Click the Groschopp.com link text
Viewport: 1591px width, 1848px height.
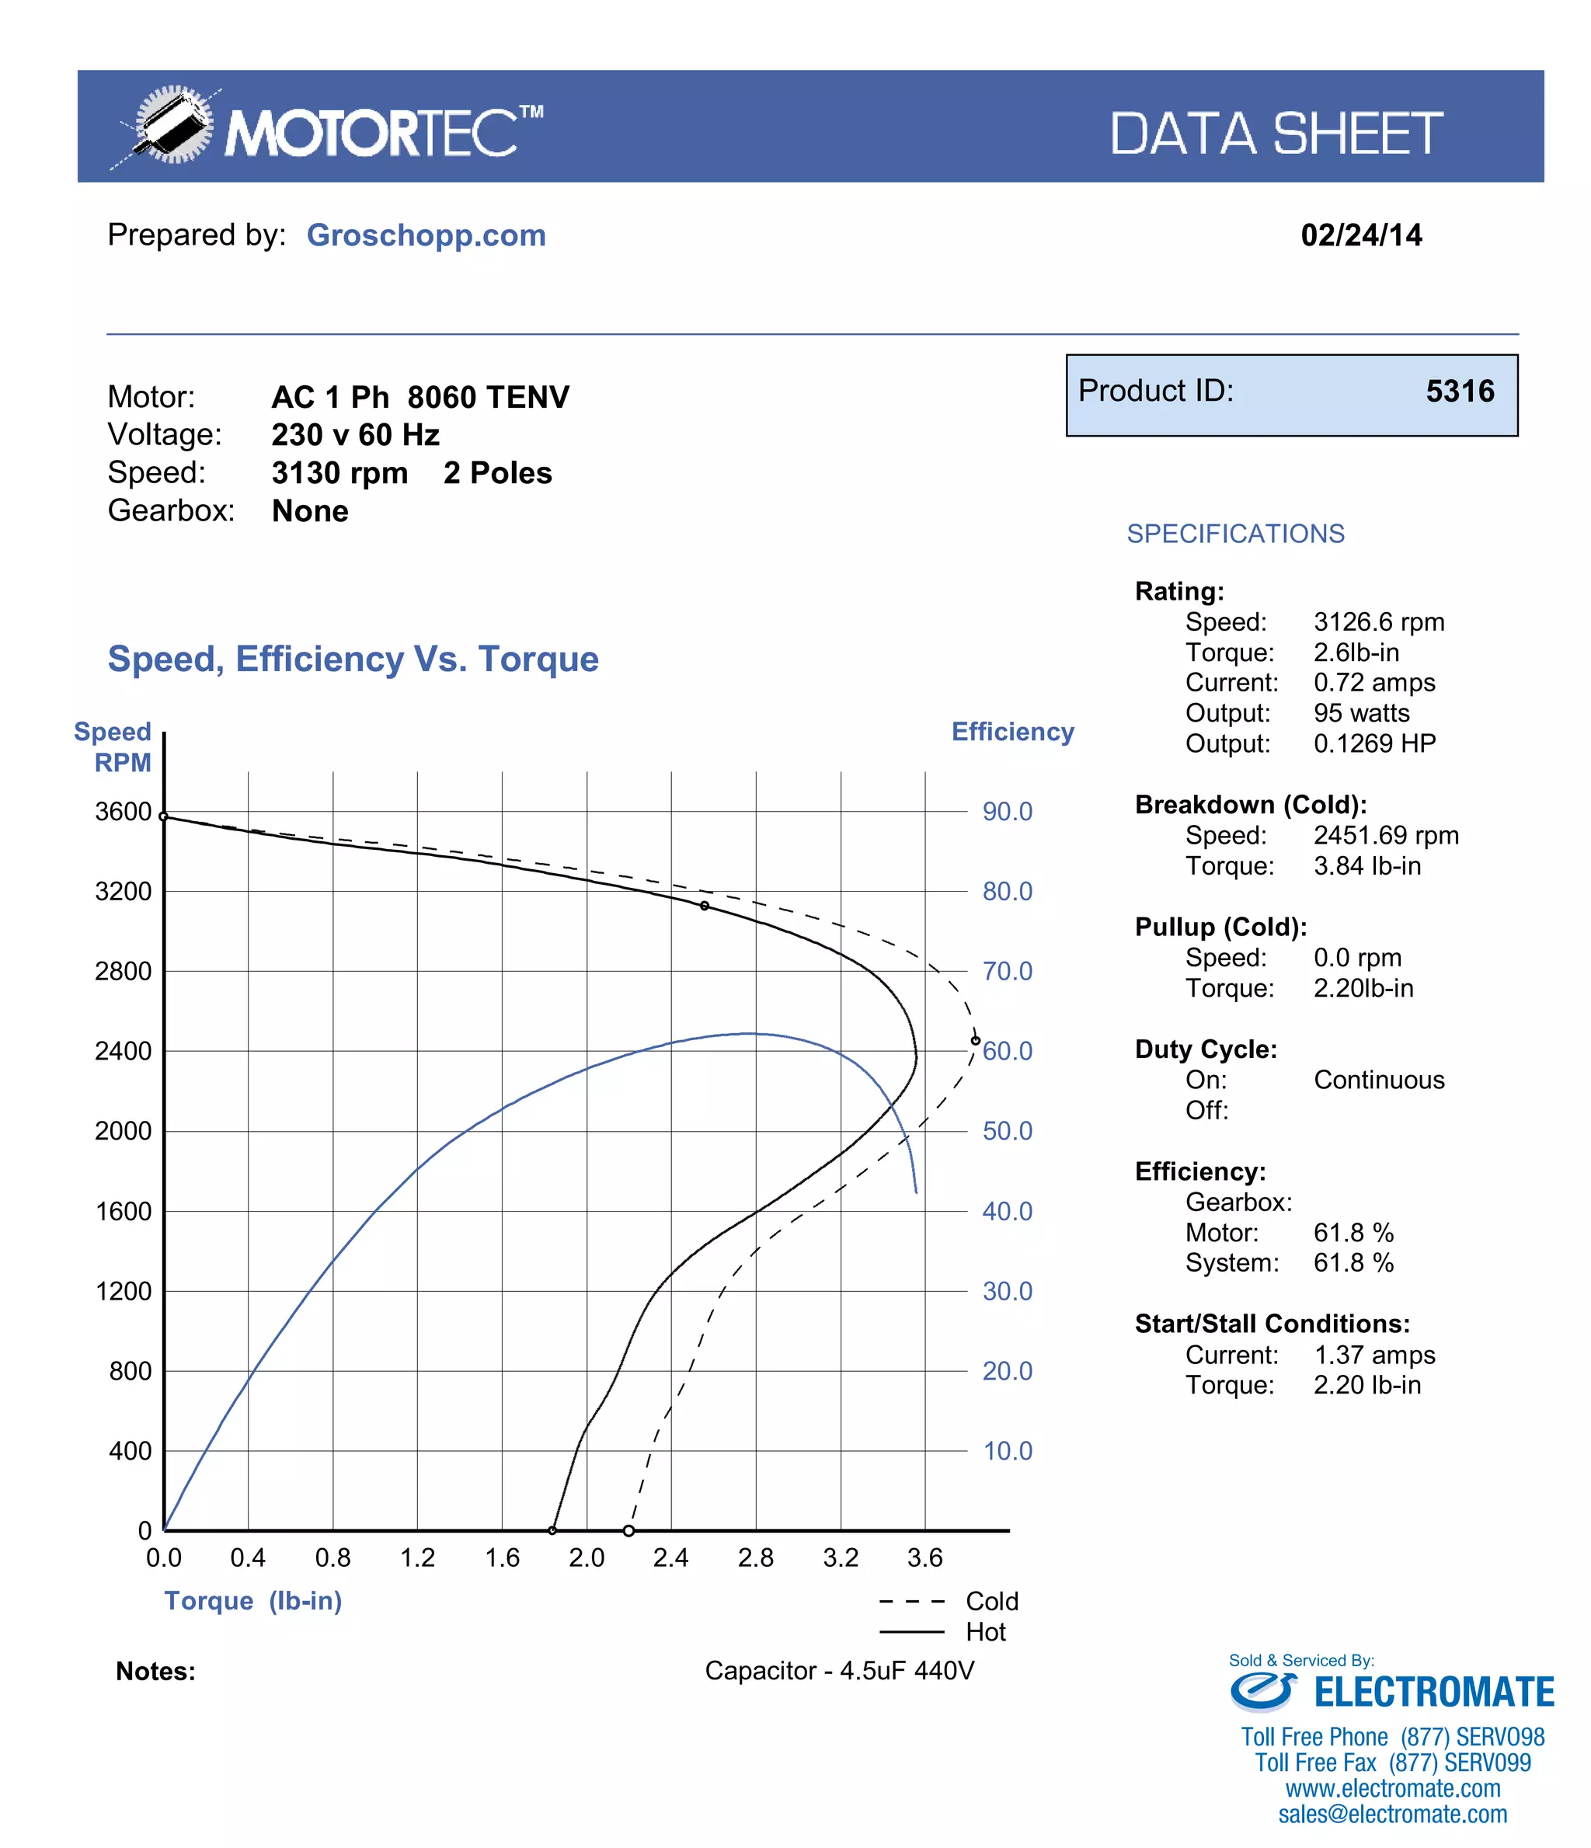(426, 235)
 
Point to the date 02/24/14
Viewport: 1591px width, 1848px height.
(1360, 235)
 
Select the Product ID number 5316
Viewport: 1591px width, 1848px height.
(1459, 392)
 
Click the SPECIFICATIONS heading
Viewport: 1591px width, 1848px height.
(1234, 534)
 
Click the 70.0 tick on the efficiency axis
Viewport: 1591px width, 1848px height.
(1007, 971)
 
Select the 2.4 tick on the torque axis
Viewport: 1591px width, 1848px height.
(670, 1558)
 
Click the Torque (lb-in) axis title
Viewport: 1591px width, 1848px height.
(252, 1601)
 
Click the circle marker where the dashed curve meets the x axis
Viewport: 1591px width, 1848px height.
(628, 1531)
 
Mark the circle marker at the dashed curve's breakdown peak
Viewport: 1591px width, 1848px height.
(975, 1041)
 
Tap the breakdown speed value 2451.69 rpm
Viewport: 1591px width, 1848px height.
(1385, 836)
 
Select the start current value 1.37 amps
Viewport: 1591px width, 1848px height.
(1373, 1355)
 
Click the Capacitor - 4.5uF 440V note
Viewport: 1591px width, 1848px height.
(838, 1671)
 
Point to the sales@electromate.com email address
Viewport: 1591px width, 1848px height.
(1391, 1814)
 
